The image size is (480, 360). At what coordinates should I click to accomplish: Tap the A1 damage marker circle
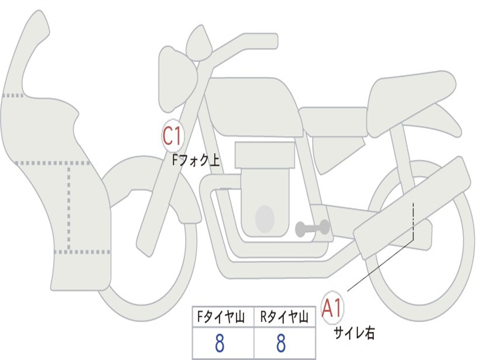[332, 307]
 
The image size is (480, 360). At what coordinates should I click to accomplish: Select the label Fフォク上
[196, 160]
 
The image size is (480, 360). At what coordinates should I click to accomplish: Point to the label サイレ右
[354, 333]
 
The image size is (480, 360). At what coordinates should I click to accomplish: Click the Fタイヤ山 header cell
[223, 317]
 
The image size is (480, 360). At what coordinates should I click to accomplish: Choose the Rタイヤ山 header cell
[285, 317]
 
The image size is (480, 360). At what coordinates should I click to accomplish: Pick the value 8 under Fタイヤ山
[219, 343]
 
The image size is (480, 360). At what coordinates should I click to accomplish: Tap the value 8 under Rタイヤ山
[281, 343]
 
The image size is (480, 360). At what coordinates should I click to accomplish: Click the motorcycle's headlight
[178, 79]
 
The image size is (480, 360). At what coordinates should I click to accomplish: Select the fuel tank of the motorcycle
[254, 106]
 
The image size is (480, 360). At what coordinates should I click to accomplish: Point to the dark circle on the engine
[265, 218]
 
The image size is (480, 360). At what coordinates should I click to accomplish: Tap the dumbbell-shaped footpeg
[312, 228]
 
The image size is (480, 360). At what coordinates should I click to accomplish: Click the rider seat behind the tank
[334, 122]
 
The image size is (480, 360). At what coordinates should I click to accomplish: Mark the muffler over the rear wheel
[412, 208]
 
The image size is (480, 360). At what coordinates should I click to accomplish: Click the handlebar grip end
[273, 41]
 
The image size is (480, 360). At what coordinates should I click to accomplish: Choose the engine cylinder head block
[264, 155]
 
